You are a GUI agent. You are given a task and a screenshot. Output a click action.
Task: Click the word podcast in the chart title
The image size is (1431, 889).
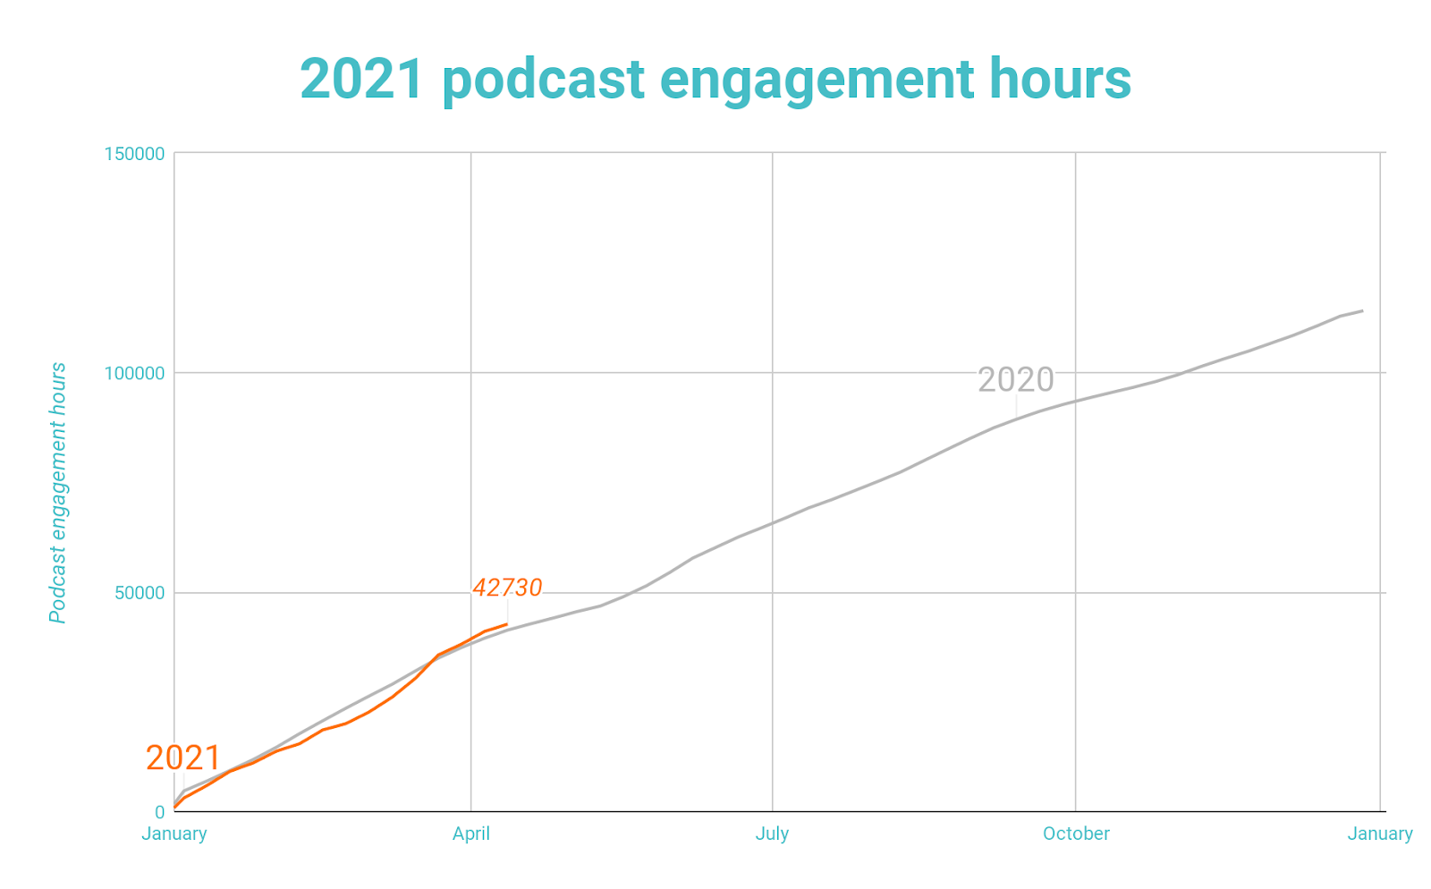(x=543, y=79)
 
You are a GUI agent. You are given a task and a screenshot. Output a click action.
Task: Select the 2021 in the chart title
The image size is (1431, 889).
(x=361, y=79)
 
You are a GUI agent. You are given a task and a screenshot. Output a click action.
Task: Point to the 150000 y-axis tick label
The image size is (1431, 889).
(x=135, y=154)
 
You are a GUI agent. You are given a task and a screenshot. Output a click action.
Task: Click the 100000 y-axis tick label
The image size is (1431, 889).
(x=135, y=373)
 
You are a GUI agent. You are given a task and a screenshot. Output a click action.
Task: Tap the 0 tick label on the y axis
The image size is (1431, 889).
(x=160, y=812)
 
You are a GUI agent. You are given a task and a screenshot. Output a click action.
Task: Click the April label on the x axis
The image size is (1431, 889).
(x=470, y=834)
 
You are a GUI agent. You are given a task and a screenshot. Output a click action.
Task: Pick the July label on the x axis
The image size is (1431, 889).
(x=772, y=834)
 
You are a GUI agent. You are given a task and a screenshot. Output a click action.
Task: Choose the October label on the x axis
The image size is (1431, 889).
(x=1076, y=834)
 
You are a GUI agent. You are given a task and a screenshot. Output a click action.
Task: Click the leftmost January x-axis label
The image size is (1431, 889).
(x=174, y=834)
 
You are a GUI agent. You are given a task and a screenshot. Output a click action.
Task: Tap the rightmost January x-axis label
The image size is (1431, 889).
(x=1380, y=834)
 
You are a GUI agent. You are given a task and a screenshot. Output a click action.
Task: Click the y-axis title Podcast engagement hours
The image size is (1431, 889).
(x=58, y=493)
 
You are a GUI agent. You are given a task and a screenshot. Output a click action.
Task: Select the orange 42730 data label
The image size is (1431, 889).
(x=507, y=588)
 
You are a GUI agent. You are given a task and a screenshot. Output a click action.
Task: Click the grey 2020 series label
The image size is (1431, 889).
(x=1016, y=380)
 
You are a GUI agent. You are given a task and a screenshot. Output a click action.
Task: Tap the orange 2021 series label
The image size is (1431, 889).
(x=183, y=758)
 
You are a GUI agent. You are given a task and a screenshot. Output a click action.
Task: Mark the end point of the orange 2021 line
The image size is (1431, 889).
(x=507, y=624)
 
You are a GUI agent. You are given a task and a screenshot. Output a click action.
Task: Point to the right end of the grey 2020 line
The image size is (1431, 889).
(x=1362, y=310)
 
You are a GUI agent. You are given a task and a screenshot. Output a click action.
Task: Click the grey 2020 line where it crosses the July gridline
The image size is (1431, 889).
(x=772, y=523)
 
